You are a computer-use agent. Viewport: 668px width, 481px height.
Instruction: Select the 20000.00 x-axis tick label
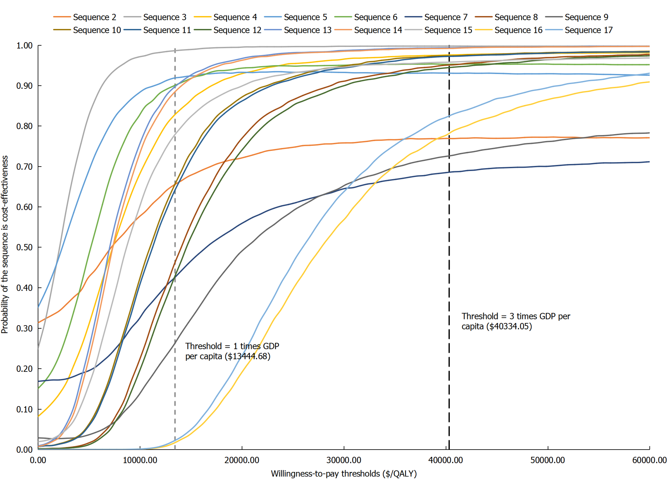point(242,460)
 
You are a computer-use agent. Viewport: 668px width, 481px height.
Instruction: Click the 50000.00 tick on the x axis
point(548,460)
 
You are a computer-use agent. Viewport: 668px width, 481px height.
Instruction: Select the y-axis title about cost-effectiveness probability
point(5,245)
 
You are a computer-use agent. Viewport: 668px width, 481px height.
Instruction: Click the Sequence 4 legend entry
point(235,17)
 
